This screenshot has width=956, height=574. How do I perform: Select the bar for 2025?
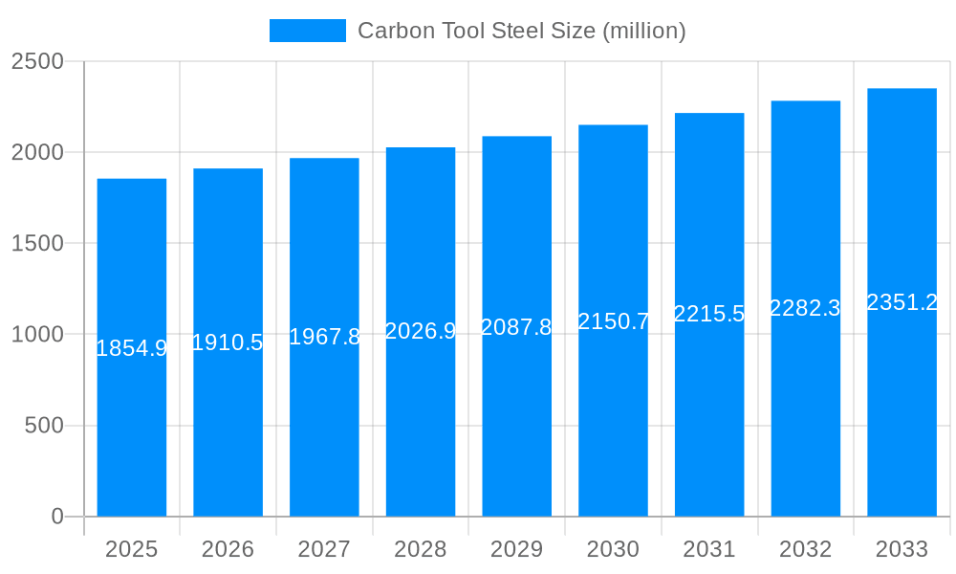tap(132, 430)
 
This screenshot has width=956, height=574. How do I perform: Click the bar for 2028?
tap(421, 430)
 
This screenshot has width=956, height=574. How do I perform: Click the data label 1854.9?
tap(132, 348)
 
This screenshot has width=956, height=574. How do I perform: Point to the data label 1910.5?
tap(228, 342)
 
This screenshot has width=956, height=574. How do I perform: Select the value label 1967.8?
tap(324, 337)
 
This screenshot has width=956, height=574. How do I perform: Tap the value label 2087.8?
tap(516, 327)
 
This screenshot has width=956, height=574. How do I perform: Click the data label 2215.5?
tap(709, 314)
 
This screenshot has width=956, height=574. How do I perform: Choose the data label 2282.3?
tap(805, 308)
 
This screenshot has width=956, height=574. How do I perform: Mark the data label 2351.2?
tap(902, 302)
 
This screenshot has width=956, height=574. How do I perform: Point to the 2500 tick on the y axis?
tap(37, 61)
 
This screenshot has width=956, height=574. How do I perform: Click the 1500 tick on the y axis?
tap(37, 243)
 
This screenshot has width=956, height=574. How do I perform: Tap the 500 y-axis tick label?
tap(44, 426)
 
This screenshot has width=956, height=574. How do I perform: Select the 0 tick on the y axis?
tap(56, 517)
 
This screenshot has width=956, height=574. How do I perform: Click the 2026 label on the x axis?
tap(228, 549)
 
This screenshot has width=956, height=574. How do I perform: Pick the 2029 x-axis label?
tap(516, 549)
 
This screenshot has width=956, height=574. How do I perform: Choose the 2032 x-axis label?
tap(805, 549)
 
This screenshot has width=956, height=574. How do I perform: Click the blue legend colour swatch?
tap(307, 31)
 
